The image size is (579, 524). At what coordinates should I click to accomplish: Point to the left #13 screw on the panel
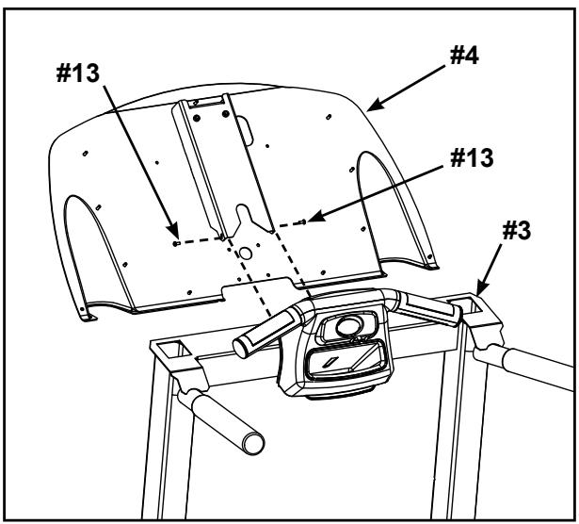tap(176, 242)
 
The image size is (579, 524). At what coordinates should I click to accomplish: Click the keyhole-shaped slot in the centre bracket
tap(243, 223)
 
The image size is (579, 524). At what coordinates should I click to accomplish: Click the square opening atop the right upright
tap(469, 303)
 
